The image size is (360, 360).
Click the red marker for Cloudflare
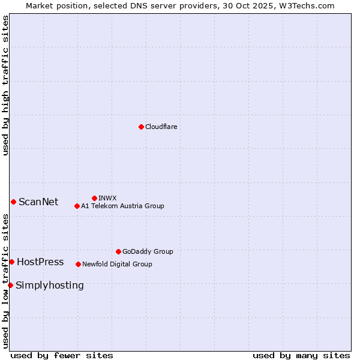point(141,127)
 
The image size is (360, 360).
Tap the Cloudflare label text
point(161,127)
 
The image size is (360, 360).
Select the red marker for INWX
point(94,198)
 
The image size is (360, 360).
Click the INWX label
point(107,198)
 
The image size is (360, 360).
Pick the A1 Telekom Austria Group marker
point(77,206)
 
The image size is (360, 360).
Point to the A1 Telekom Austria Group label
point(122,206)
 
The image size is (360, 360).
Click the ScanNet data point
point(13,202)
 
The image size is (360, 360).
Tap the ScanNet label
point(38,202)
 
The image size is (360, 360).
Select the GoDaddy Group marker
point(118,251)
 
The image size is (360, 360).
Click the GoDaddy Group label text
point(148,251)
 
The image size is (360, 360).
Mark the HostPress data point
point(11,262)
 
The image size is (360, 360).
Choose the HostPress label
point(40,262)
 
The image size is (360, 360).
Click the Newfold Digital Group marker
point(78,264)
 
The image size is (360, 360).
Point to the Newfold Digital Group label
point(117,264)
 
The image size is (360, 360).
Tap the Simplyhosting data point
point(10,285)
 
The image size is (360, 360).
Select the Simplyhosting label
point(50,285)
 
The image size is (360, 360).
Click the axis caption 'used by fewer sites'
point(62,355)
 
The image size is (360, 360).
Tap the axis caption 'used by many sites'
point(301,355)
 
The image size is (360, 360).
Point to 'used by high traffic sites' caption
point(5,85)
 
